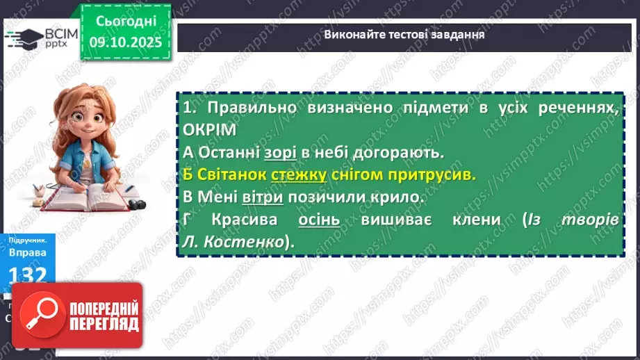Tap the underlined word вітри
263,197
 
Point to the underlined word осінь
319,220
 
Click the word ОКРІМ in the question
211,130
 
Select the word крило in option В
399,197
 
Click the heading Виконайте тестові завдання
404,33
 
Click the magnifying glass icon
39,315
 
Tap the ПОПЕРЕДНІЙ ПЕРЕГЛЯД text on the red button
102,316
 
